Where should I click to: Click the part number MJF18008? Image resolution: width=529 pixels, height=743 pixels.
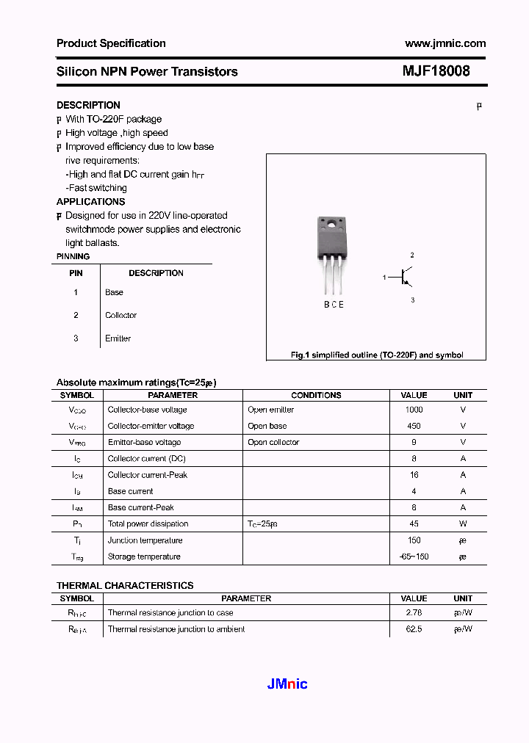[x=436, y=71]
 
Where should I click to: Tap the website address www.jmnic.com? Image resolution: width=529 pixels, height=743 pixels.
[x=445, y=43]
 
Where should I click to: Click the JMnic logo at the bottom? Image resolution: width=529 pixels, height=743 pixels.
[x=287, y=684]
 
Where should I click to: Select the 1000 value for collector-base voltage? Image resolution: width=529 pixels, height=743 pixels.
[x=414, y=410]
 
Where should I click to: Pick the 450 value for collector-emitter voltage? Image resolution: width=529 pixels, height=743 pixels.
[x=414, y=426]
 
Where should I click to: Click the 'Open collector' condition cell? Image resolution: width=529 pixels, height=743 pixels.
[x=273, y=442]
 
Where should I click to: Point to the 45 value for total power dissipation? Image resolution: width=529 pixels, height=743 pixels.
[x=414, y=523]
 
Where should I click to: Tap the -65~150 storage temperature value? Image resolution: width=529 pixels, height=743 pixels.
[x=414, y=557]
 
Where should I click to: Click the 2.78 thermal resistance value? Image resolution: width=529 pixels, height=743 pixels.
[x=414, y=612]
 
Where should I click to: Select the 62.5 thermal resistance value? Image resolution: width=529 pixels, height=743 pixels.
[x=414, y=629]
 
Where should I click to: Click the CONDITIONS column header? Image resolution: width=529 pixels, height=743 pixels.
[x=316, y=395]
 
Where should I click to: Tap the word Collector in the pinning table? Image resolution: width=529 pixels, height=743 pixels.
[x=120, y=315]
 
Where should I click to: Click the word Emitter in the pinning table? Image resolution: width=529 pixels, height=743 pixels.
[x=118, y=338]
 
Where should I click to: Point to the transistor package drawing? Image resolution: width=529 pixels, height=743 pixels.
[x=331, y=253]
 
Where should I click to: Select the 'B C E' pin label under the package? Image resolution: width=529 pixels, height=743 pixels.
[x=334, y=305]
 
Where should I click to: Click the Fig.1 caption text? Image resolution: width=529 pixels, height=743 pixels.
[x=377, y=355]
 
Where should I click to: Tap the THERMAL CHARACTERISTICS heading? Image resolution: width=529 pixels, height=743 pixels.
[x=125, y=585]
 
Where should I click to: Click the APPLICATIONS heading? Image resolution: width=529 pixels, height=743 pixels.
[x=90, y=201]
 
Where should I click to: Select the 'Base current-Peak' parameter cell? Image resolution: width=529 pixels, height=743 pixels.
[x=140, y=507]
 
